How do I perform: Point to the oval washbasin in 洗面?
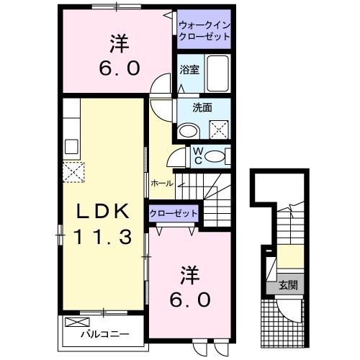point(189,130)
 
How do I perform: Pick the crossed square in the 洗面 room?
point(218,130)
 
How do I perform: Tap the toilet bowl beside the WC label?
point(218,156)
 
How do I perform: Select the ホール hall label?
point(162,184)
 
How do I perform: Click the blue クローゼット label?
point(173,213)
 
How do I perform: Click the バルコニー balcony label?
point(104,334)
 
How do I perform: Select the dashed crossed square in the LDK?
point(72,172)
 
